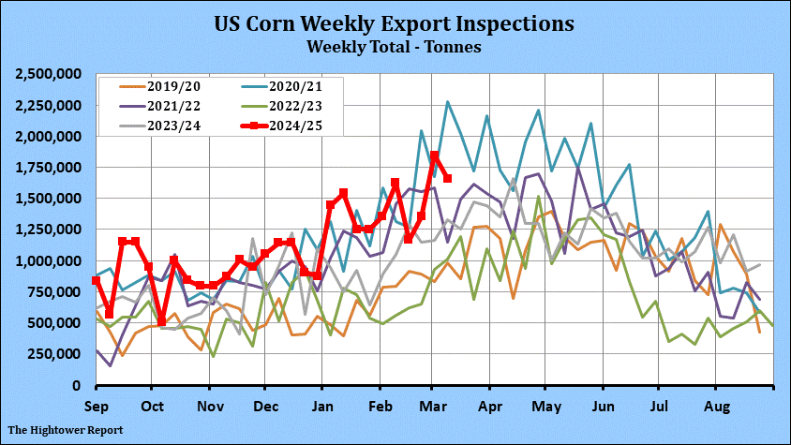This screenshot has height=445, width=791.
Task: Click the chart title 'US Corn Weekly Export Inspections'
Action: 395,22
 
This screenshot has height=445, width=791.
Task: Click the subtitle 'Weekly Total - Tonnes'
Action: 395,45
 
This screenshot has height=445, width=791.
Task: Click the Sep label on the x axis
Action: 97,407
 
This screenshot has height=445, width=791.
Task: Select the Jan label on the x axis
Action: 321,407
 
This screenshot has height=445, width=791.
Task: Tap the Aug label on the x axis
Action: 717,407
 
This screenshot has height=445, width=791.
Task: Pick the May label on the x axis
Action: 545,407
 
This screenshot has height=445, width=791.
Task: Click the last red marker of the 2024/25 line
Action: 447,178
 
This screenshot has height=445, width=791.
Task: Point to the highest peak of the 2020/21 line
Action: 448,102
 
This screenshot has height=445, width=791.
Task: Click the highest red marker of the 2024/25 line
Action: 434,156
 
